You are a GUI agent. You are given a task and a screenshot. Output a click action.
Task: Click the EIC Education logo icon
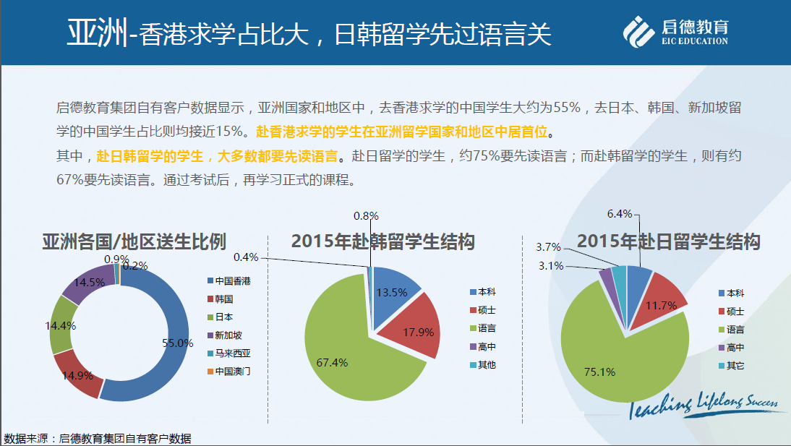tap(639, 32)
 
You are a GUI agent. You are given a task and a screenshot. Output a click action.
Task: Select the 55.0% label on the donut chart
tap(177, 343)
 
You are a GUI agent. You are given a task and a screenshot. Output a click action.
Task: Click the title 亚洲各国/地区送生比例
tap(134, 241)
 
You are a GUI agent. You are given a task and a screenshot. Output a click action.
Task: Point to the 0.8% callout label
tap(366, 215)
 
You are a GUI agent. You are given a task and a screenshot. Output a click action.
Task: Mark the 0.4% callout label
tap(247, 257)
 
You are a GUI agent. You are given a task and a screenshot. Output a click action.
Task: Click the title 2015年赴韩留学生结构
tap(382, 241)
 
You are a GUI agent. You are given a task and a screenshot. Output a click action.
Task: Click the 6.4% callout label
tap(620, 213)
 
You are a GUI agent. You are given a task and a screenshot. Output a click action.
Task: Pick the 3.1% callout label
tap(550, 265)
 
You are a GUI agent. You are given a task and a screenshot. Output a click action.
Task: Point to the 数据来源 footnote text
tap(98, 438)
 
